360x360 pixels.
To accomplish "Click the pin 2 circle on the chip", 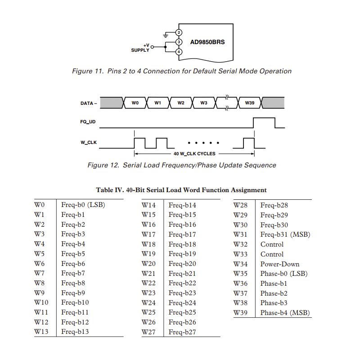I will click(x=179, y=32).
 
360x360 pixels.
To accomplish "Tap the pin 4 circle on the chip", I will click(x=179, y=52).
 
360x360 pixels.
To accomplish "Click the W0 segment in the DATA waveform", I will click(x=135, y=103).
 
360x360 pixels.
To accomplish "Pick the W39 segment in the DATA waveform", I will click(x=250, y=103).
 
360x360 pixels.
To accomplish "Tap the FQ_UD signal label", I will click(x=88, y=122).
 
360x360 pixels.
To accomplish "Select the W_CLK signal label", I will click(x=88, y=143).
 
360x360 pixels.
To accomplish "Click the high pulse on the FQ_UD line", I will click(x=264, y=122).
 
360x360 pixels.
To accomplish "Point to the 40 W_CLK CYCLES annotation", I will click(x=194, y=154).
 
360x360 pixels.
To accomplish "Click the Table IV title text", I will click(x=181, y=190).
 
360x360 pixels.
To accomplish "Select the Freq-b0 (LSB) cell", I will click(x=83, y=205).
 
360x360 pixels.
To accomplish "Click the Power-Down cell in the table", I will click(x=279, y=264).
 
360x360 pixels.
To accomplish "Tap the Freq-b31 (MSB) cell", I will click(x=285, y=234).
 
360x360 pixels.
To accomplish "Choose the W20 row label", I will click(x=148, y=264).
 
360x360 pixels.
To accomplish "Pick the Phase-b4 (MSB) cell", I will click(x=285, y=313).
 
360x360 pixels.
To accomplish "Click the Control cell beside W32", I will click(x=272, y=244).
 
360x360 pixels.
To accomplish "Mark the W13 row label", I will click(x=41, y=332).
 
